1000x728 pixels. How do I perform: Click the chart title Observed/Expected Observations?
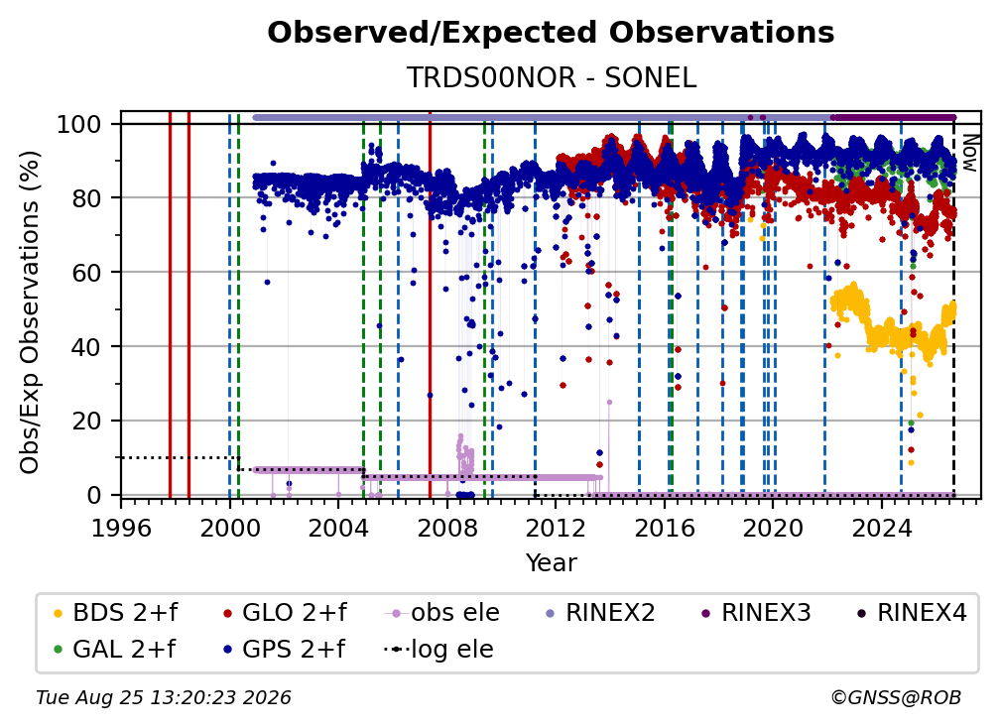coord(551,33)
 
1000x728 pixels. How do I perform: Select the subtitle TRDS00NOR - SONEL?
coord(551,78)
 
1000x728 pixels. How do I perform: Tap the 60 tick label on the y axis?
coord(86,273)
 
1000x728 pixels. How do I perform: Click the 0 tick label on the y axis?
coord(93,495)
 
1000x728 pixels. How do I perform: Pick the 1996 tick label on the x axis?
coord(121,529)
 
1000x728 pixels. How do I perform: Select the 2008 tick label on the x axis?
coord(447,529)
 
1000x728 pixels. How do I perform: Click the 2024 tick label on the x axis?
coord(881,529)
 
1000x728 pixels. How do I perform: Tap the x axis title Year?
coord(551,563)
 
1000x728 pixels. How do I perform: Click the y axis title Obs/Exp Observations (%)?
coord(30,311)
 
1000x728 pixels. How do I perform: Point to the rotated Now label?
coord(968,153)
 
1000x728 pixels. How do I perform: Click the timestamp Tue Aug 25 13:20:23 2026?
coord(164,698)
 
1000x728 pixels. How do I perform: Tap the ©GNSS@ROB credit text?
coord(896,698)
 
